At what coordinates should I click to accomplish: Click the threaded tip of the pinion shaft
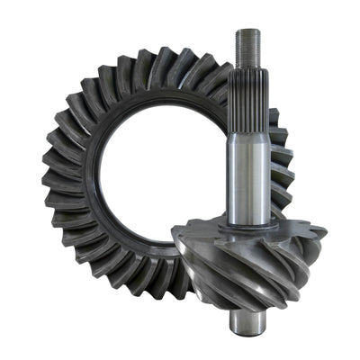point(247,49)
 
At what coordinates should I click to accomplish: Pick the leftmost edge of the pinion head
point(173,243)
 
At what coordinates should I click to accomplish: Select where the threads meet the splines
point(247,71)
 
